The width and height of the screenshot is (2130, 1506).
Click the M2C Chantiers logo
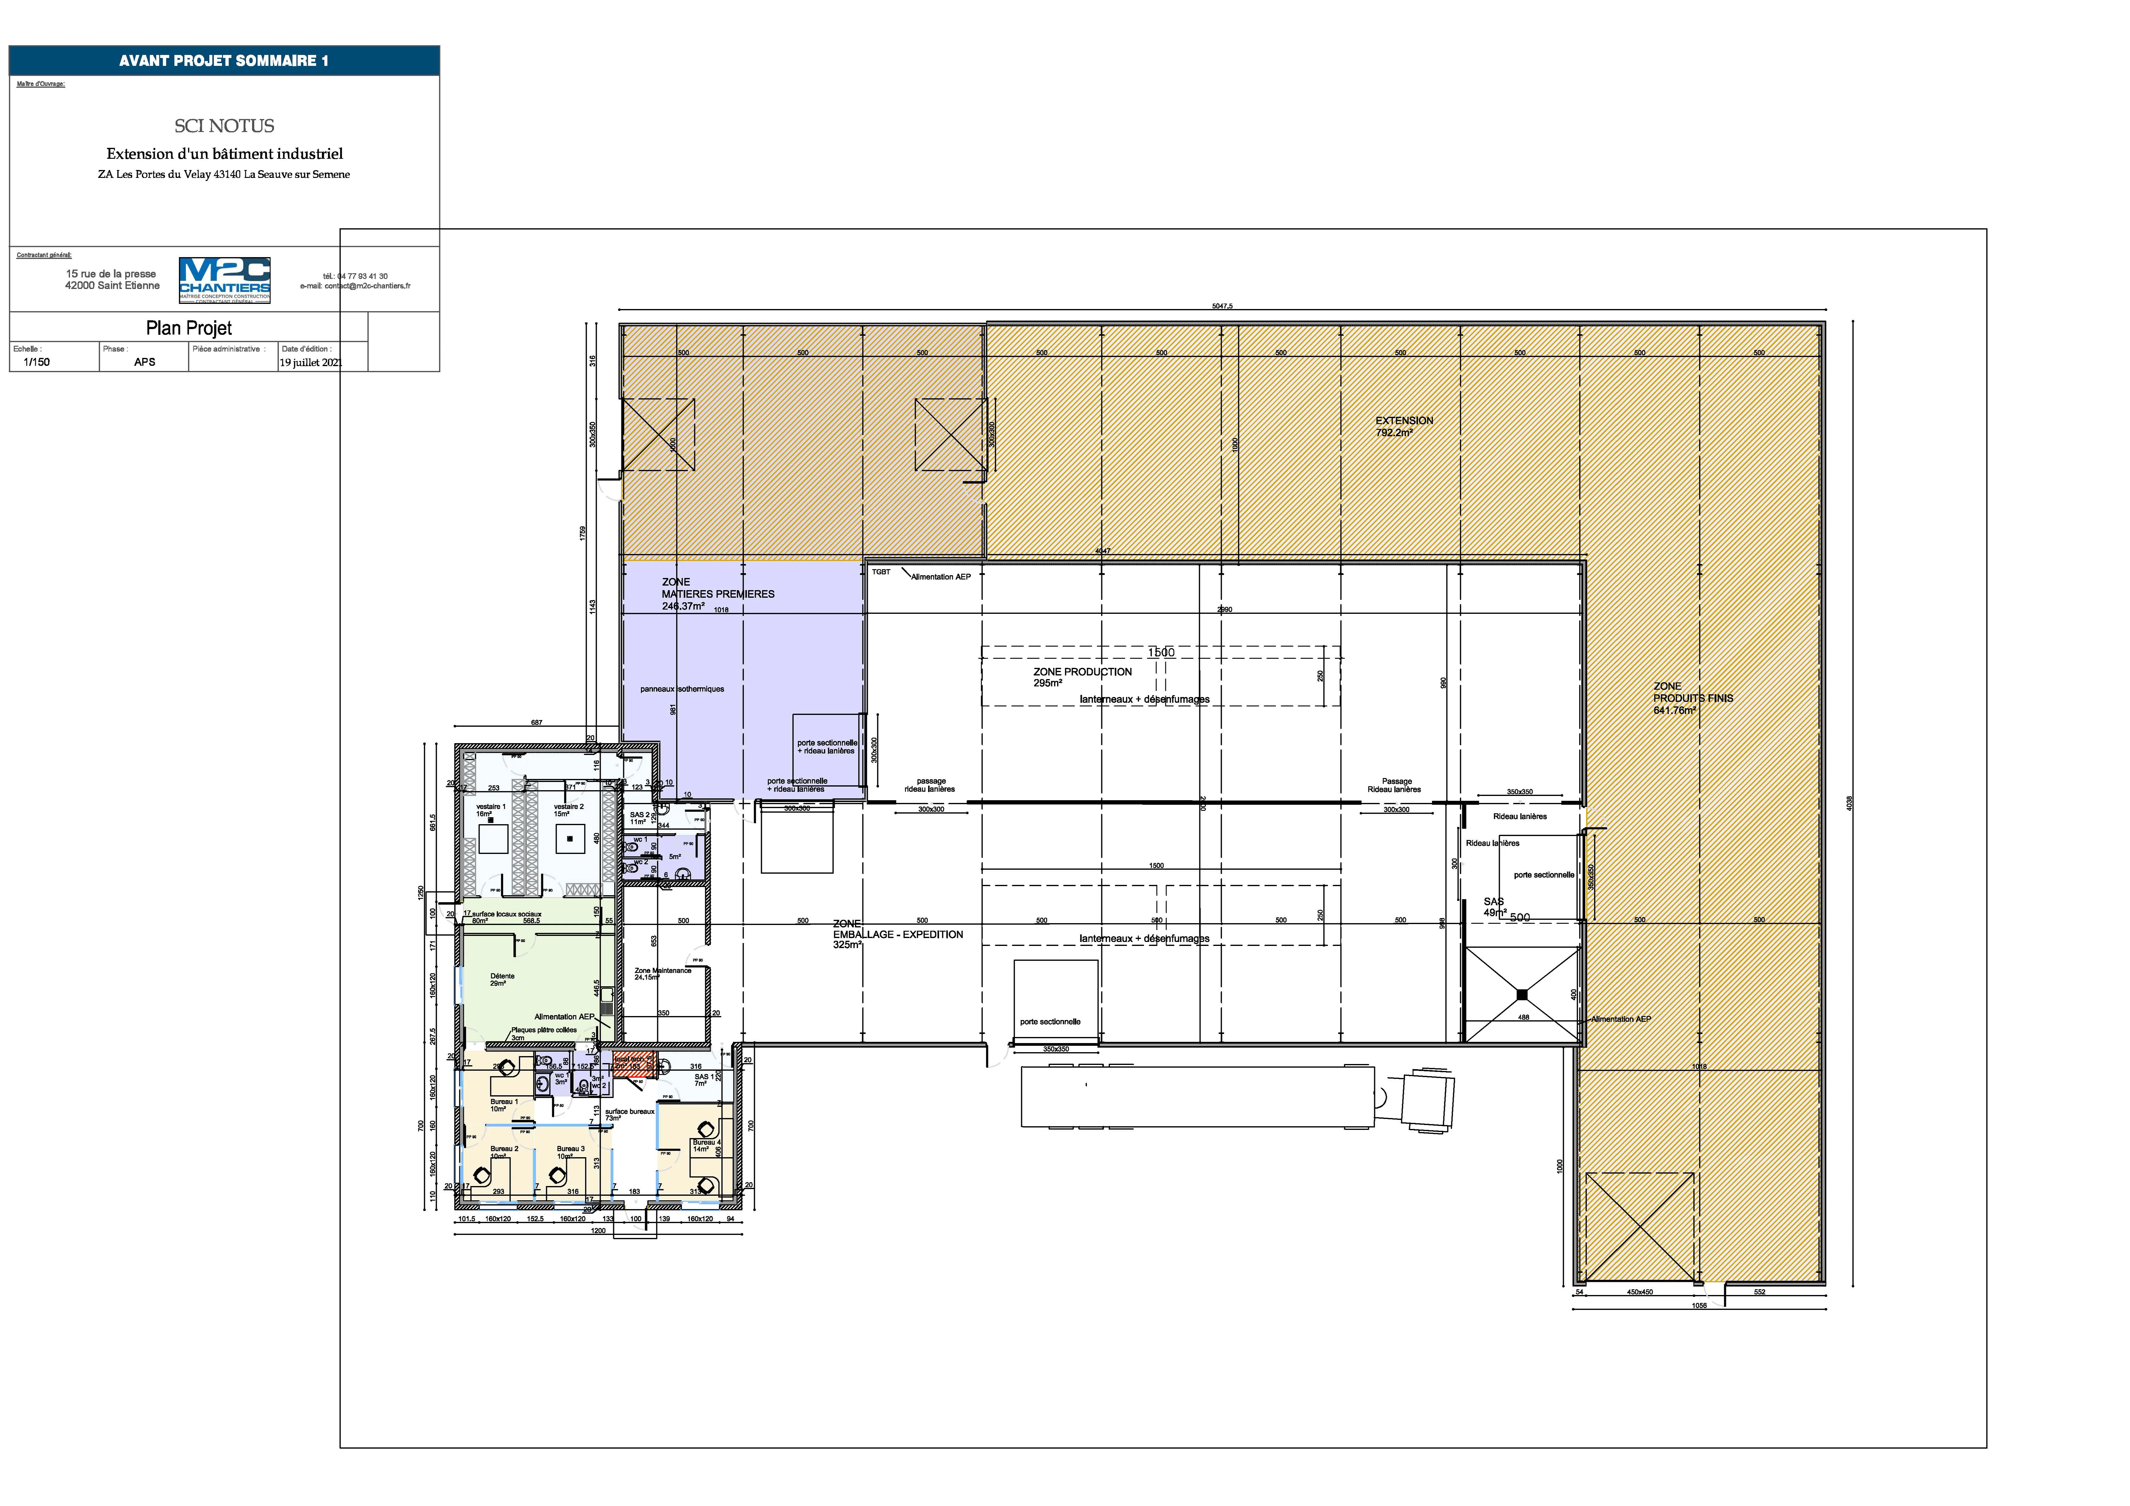(225, 279)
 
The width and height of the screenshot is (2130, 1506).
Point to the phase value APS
(145, 362)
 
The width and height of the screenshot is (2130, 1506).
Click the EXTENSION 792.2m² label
(1404, 426)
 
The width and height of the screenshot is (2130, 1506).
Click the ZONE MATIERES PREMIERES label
(717, 594)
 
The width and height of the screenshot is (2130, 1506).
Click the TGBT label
(880, 572)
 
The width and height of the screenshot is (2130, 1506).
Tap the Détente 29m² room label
(502, 979)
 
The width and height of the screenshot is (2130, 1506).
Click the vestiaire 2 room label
(569, 810)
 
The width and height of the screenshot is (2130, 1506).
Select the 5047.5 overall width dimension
(1222, 306)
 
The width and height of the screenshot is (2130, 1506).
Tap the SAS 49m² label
(1495, 906)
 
